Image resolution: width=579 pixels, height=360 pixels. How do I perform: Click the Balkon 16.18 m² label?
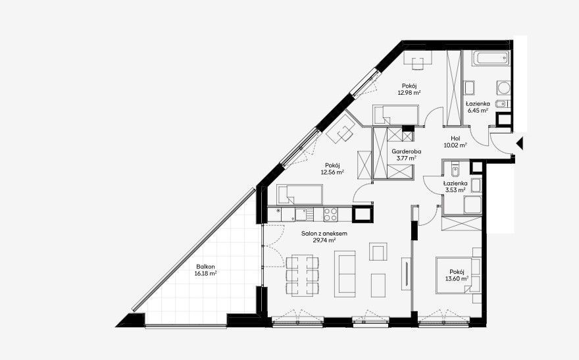pyautogui.click(x=205, y=270)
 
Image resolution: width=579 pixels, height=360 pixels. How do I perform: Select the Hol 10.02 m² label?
pyautogui.click(x=455, y=141)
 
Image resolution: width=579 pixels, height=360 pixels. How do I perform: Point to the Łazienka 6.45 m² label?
pyautogui.click(x=478, y=107)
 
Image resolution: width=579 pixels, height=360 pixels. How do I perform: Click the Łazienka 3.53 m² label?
pyautogui.click(x=455, y=187)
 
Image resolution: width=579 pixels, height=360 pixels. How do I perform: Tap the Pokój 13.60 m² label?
pyautogui.click(x=457, y=276)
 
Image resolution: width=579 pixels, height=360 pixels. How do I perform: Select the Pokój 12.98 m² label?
pyautogui.click(x=409, y=90)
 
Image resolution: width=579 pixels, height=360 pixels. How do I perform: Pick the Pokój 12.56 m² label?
pyautogui.click(x=332, y=168)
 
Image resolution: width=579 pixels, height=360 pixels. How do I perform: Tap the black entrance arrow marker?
pyautogui.click(x=520, y=143)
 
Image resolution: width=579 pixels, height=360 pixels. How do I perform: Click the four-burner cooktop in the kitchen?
pyautogui.click(x=330, y=215)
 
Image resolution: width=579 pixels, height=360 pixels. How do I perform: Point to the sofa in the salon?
pyautogui.click(x=345, y=274)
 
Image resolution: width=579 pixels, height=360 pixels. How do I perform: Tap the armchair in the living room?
pyautogui.click(x=378, y=252)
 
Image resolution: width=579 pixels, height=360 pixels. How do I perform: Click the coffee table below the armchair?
pyautogui.click(x=378, y=285)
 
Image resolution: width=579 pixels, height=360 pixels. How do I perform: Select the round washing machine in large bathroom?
pyautogui.click(x=503, y=88)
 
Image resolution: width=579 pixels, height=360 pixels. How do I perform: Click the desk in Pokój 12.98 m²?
pyautogui.click(x=418, y=57)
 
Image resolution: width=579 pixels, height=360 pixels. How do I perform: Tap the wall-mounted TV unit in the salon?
pyautogui.click(x=406, y=274)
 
